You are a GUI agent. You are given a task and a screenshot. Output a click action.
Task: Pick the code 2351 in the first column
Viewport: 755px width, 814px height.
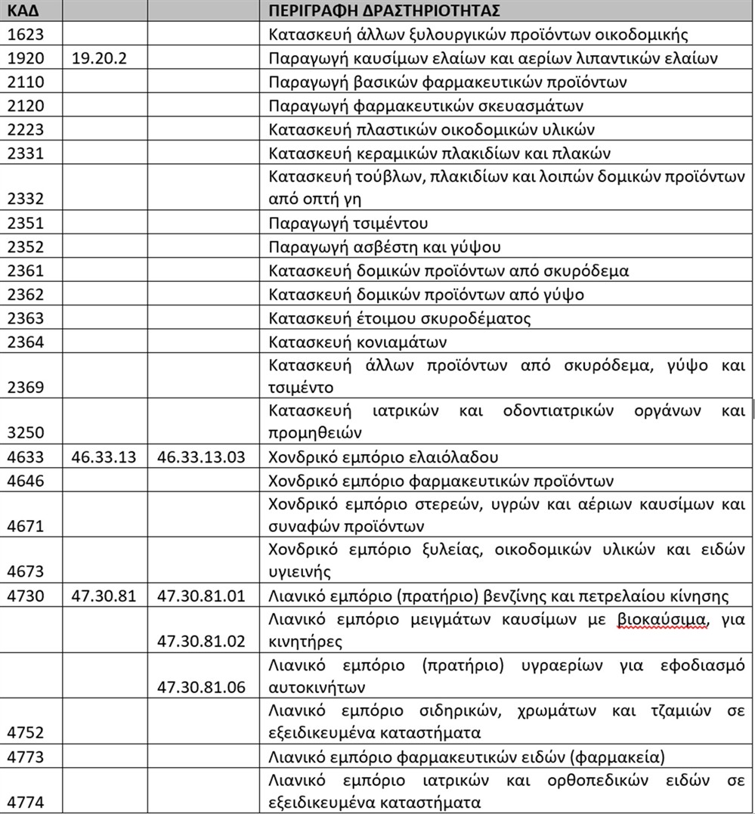26,224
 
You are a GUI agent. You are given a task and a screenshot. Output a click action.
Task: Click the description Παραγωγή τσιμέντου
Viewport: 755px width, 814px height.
348,224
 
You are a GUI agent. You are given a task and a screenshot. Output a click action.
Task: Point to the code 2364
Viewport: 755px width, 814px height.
26,342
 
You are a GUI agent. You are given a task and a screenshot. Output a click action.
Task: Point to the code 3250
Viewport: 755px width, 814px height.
26,433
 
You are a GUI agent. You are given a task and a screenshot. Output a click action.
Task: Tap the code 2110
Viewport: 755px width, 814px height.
26,82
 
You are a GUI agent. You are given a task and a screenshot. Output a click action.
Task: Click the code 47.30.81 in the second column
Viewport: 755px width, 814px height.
104,596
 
